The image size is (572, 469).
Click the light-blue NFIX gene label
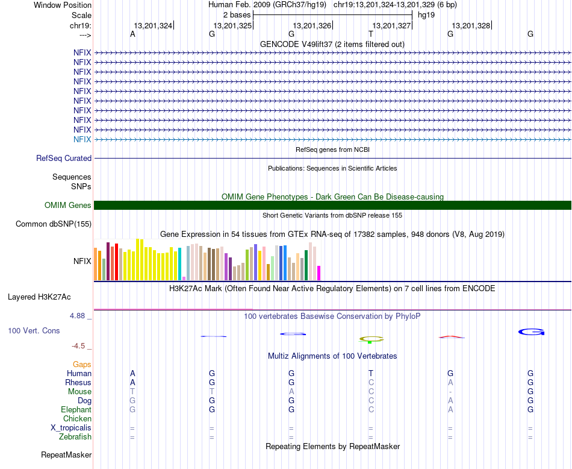coord(82,139)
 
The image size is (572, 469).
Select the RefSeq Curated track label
coord(64,159)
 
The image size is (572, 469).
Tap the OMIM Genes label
coord(67,206)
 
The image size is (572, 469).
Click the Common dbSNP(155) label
coord(53,224)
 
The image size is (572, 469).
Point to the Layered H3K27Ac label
coord(39,297)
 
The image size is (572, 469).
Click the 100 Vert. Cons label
coord(34,331)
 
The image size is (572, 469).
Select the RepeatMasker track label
coord(66,455)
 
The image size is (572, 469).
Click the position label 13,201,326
coord(312,25)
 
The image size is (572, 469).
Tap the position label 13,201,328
coord(471,25)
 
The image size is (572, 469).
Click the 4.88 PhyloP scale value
coord(79,315)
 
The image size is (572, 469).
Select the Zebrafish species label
coord(75,436)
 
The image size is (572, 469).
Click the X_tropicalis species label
coord(71,427)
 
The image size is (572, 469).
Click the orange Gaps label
coord(82,364)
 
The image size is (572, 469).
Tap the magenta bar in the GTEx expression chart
coord(319,273)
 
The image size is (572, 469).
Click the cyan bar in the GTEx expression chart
coord(179,264)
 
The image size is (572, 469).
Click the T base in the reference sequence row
coord(371,34)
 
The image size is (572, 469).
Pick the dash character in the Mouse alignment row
coord(450,391)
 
